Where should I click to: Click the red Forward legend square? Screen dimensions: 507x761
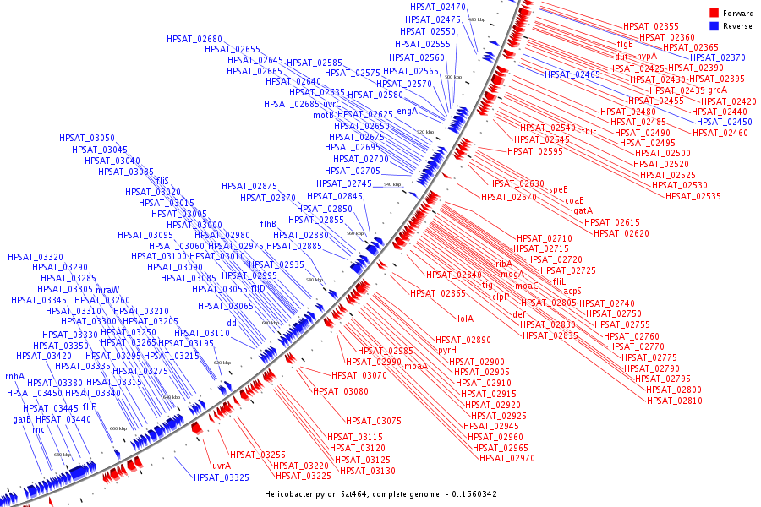coord(714,14)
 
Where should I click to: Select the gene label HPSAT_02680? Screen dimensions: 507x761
coord(194,40)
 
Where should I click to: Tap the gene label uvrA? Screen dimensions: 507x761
coord(222,466)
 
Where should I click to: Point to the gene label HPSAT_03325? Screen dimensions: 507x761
coord(221,478)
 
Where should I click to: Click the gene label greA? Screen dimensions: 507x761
coord(717,90)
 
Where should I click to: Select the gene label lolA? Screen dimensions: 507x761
coord(465,319)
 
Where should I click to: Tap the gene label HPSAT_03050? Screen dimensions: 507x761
coord(87,138)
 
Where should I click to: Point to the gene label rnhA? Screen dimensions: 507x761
coord(14,377)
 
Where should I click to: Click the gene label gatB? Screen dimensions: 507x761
coord(22,419)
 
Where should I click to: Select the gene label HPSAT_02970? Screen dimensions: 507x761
coord(506,458)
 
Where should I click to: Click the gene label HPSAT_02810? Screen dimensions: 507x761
coord(674,401)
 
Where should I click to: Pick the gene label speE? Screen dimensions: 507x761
coord(558,189)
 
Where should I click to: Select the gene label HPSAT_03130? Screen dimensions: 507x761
coord(367,471)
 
